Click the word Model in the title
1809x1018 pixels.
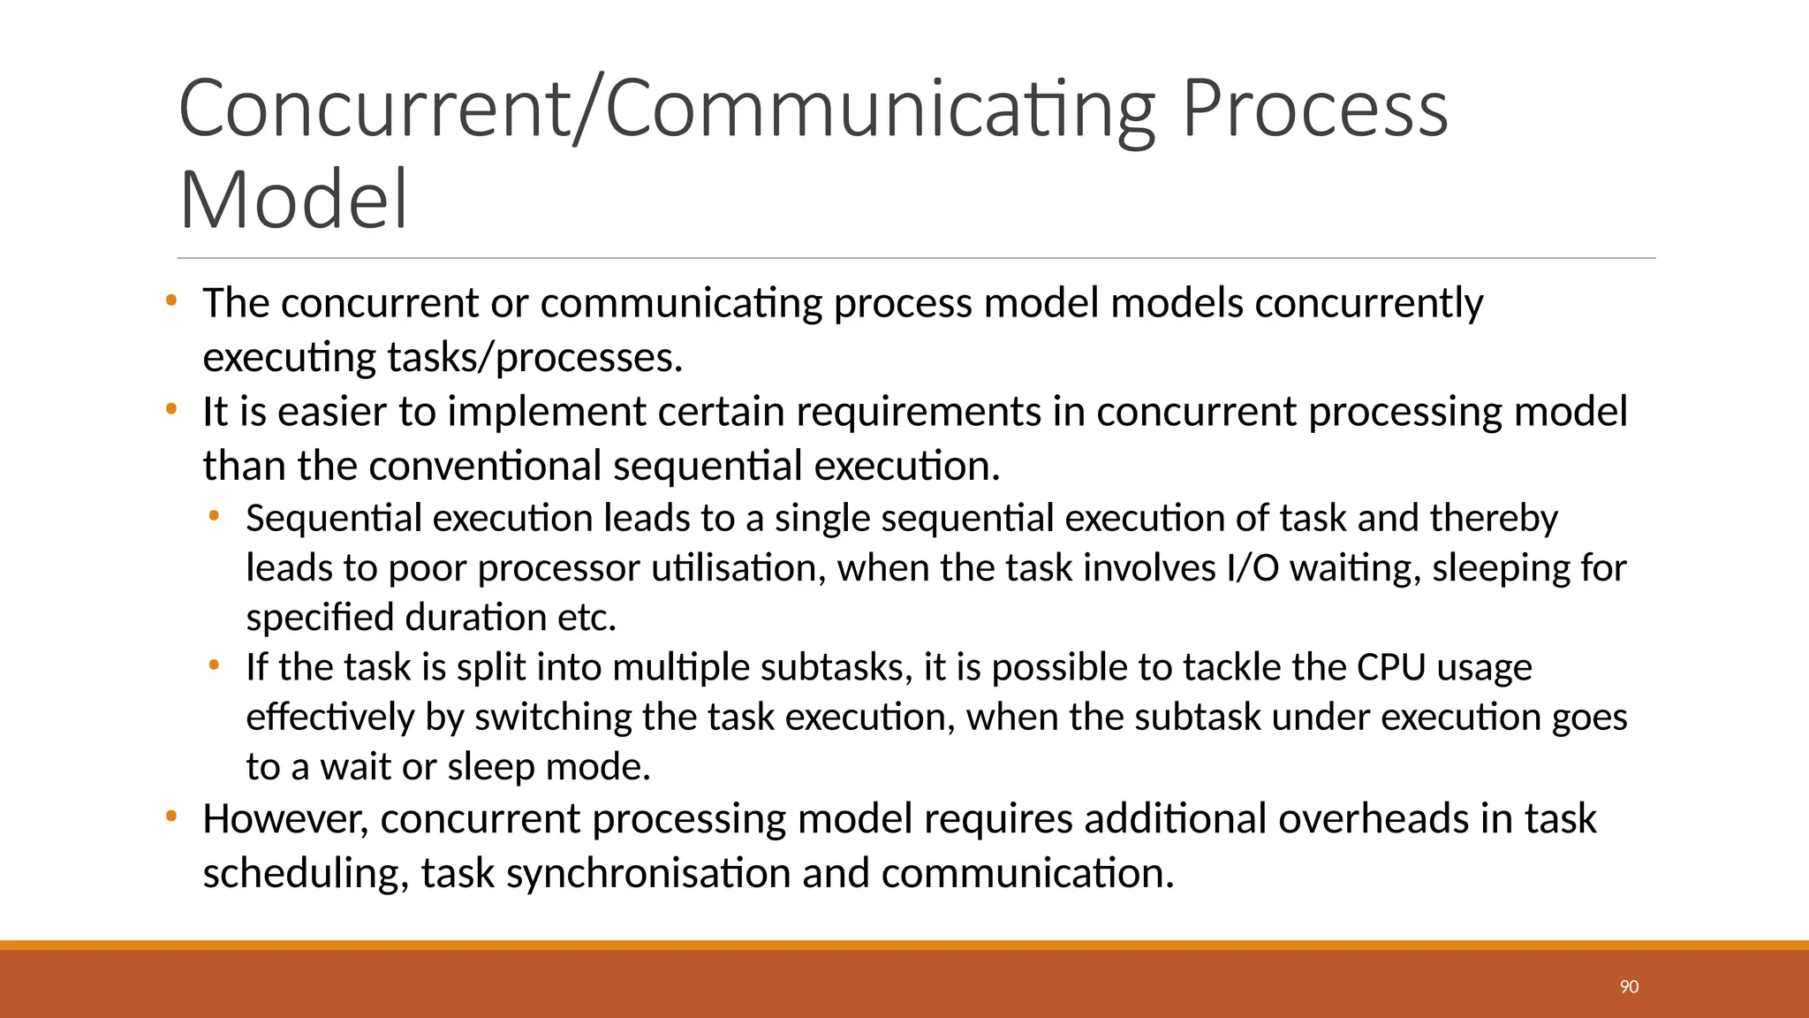click(293, 200)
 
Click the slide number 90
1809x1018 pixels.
click(1629, 986)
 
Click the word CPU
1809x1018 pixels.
click(1391, 667)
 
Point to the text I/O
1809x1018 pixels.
click(1253, 567)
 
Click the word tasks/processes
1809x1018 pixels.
click(535, 358)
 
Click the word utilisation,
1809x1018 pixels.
click(738, 567)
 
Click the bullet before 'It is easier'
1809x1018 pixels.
click(171, 409)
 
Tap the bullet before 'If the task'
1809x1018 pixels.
click(214, 664)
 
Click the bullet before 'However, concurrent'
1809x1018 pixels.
click(171, 816)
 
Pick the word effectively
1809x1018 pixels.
click(329, 717)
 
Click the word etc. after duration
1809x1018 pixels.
click(587, 618)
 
